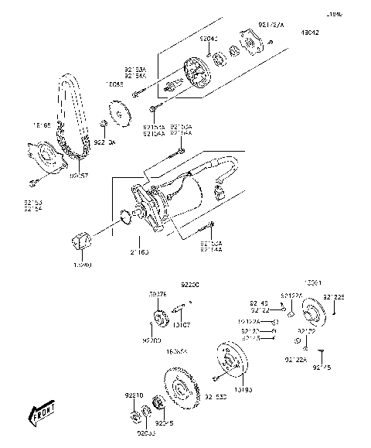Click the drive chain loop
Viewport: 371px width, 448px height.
(65, 116)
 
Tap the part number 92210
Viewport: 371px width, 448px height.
(134, 395)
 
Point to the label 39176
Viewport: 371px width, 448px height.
(157, 295)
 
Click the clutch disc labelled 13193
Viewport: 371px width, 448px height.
(229, 360)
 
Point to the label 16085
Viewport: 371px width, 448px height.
(115, 83)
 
